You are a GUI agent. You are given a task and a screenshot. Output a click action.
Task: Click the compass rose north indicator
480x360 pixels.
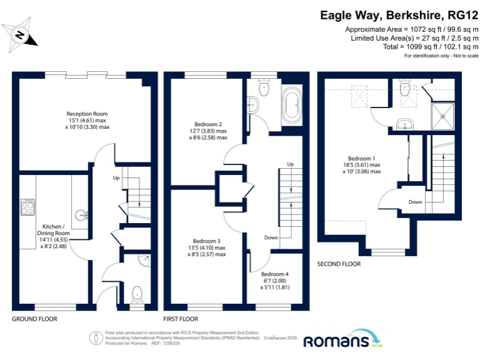pyautogui.click(x=20, y=35)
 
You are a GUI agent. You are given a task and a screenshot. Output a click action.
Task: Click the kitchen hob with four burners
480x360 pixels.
pyautogui.click(x=27, y=207)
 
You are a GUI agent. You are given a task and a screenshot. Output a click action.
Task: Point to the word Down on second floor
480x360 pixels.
pyautogui.click(x=416, y=202)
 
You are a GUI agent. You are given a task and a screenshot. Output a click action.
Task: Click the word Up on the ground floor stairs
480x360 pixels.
pyautogui.click(x=116, y=177)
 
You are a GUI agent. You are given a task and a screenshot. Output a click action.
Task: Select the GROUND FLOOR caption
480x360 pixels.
pyautogui.click(x=34, y=318)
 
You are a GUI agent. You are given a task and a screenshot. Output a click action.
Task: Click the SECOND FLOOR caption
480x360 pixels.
pyautogui.click(x=339, y=263)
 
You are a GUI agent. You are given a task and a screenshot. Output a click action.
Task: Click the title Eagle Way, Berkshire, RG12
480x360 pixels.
pyautogui.click(x=399, y=15)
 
